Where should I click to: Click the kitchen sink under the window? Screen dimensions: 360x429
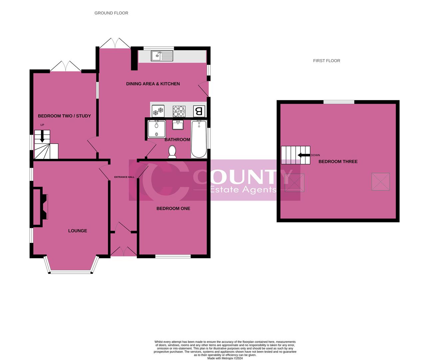[162, 56]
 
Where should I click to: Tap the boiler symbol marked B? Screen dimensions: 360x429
[199, 111]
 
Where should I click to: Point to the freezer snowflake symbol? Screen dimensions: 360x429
[158, 111]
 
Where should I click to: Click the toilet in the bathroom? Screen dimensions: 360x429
[172, 152]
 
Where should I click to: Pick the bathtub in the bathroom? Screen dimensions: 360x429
[199, 139]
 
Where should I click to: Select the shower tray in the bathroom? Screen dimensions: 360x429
[156, 129]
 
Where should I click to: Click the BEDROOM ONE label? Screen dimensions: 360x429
[173, 208]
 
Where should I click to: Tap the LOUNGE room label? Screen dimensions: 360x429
[78, 231]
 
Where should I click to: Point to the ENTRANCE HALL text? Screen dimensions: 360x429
[124, 177]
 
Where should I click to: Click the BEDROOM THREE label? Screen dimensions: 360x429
[338, 161]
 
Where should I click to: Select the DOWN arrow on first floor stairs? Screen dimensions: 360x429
[303, 155]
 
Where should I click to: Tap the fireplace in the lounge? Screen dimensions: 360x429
[40, 207]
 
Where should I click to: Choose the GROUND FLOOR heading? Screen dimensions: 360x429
[111, 13]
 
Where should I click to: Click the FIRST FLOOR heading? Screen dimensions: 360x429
[326, 61]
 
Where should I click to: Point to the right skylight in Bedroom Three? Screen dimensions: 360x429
[381, 182]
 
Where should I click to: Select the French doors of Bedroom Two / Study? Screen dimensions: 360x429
[66, 67]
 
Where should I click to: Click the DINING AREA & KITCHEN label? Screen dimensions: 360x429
[153, 84]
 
